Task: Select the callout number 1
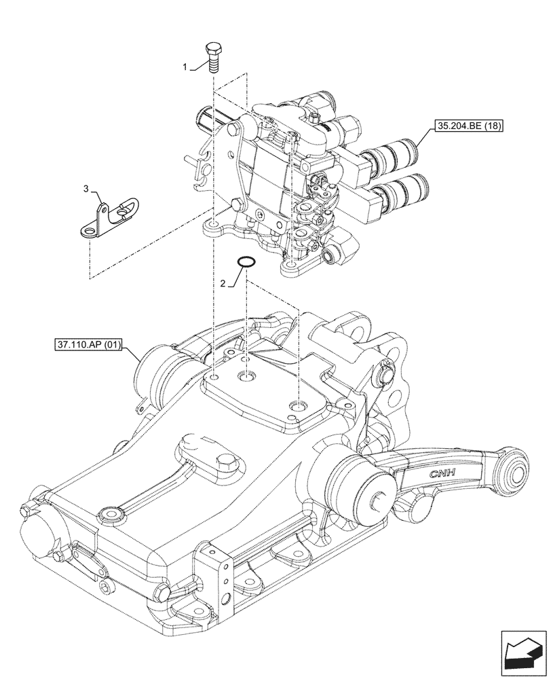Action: (x=184, y=68)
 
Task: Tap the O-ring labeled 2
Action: (x=246, y=262)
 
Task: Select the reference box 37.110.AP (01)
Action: (x=86, y=345)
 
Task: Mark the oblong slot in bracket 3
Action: (x=124, y=213)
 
